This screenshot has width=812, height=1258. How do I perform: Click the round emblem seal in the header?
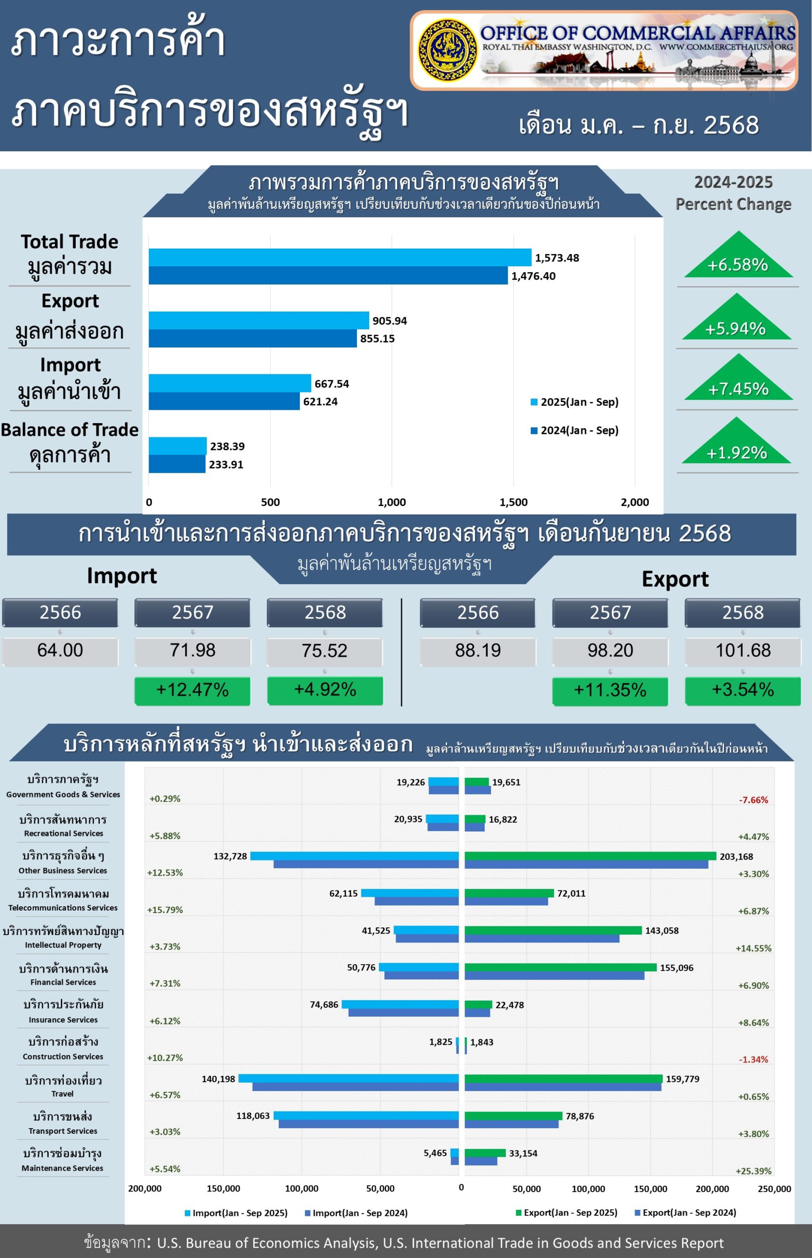[x=447, y=51]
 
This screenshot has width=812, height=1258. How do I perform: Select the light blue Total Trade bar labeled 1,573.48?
[x=340, y=257]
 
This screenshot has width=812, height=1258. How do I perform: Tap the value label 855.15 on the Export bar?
[x=377, y=339]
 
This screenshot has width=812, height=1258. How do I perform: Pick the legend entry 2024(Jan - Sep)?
[x=574, y=430]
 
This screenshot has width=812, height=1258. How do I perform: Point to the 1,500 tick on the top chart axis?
[x=513, y=502]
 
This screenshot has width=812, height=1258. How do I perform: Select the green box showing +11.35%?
[x=609, y=690]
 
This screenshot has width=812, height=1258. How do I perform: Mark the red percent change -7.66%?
[x=753, y=800]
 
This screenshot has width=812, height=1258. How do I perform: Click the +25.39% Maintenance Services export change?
[x=753, y=1171]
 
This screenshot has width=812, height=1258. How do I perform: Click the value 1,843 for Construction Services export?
[x=481, y=1042]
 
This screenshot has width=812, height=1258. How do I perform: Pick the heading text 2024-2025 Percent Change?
[x=733, y=193]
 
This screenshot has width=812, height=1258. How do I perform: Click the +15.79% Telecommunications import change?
[x=165, y=910]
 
